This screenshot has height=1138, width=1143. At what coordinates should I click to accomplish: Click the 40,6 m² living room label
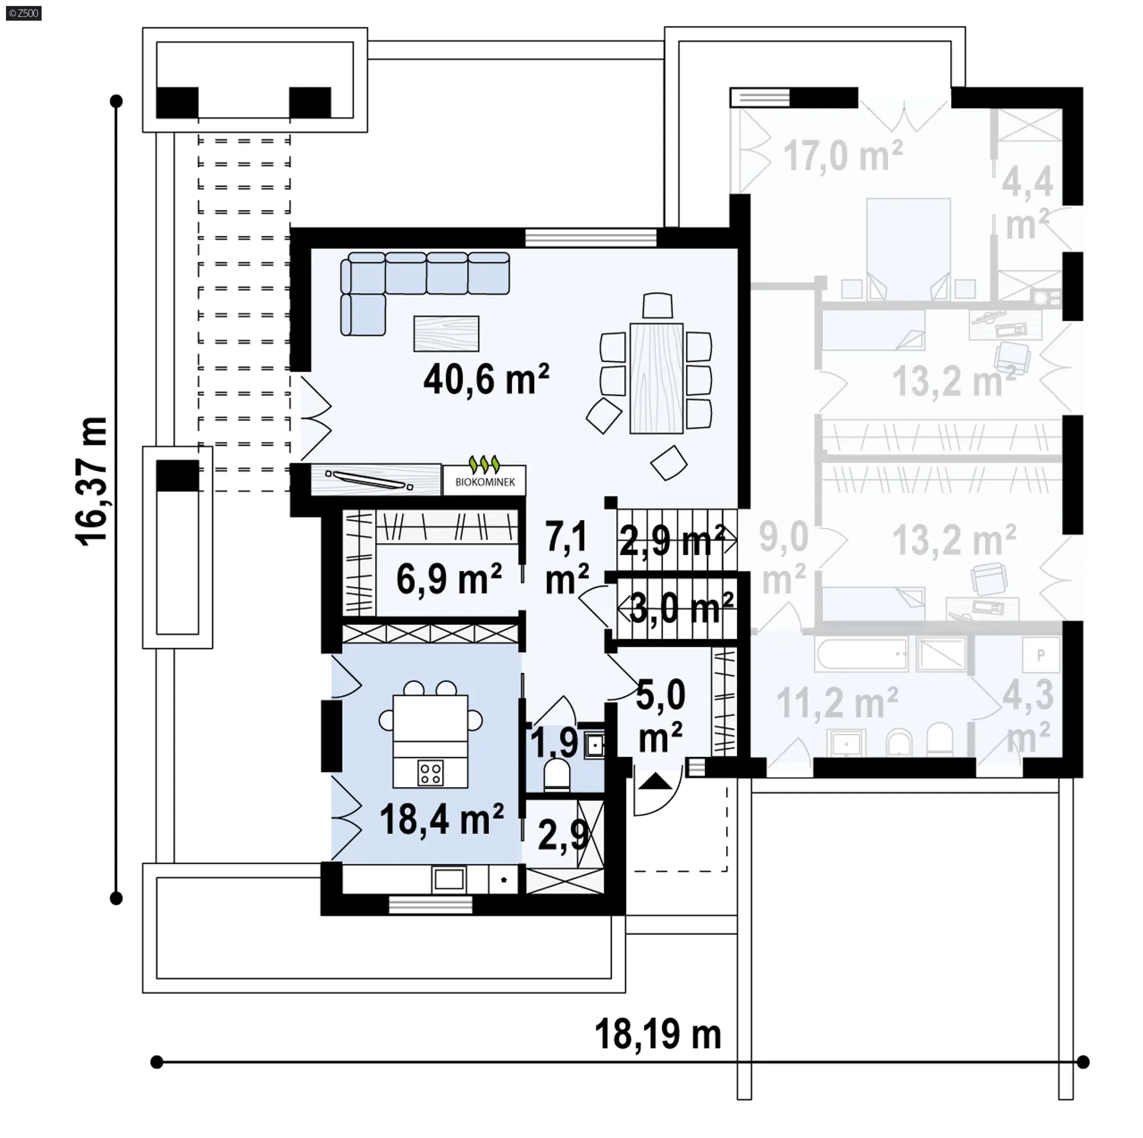486,379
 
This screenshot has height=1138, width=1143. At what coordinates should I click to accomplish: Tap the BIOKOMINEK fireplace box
485,480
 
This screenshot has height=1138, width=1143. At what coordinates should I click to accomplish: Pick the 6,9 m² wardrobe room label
449,579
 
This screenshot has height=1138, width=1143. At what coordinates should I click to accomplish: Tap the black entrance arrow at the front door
654,781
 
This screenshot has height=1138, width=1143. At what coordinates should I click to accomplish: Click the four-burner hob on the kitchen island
430,773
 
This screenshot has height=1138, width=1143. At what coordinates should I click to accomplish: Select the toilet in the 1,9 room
558,775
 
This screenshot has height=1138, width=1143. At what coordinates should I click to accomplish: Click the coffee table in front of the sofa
446,333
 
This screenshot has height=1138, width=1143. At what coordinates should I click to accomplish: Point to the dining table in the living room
657,378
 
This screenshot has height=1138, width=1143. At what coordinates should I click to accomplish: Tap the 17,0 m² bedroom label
843,156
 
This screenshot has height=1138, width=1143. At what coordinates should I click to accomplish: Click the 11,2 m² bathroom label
837,703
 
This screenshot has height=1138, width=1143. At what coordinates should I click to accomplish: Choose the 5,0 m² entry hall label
661,716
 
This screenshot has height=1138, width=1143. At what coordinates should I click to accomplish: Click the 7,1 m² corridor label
567,557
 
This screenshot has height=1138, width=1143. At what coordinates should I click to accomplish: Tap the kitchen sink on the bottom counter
449,879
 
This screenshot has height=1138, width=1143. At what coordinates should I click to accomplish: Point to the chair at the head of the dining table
657,306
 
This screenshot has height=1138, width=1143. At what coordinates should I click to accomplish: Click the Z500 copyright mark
23,13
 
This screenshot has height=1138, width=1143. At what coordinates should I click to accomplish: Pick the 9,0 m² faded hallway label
784,558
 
